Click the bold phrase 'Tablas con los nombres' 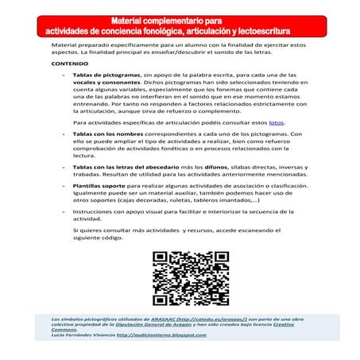pyautogui.click(x=103, y=135)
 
